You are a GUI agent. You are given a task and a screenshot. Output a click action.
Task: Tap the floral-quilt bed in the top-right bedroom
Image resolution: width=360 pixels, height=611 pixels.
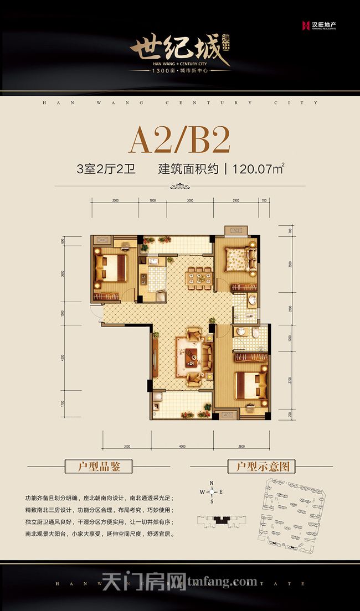point(237,258)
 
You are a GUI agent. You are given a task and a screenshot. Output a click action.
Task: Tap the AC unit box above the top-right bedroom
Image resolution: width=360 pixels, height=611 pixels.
point(234,230)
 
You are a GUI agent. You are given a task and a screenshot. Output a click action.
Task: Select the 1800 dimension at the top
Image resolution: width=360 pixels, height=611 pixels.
point(152,201)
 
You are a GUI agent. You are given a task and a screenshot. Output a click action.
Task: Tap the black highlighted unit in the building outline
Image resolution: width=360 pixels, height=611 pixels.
point(222,520)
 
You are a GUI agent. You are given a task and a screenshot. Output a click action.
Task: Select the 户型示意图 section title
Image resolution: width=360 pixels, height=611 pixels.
point(262,466)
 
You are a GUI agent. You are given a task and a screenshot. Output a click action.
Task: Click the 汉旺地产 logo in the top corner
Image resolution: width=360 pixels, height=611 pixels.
point(319,25)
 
